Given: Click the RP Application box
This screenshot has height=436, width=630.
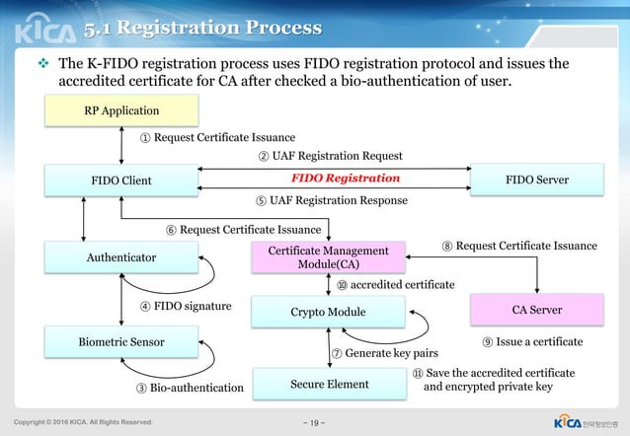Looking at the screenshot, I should (x=120, y=110).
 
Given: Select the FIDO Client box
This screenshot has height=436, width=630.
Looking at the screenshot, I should (x=120, y=180).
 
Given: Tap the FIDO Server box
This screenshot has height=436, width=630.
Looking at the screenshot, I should (x=537, y=180).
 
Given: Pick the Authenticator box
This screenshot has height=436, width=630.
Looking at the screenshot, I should (x=120, y=257).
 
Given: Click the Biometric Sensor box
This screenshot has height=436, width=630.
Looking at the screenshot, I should (x=120, y=342).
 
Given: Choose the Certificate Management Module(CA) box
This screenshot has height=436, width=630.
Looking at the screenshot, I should (x=328, y=257).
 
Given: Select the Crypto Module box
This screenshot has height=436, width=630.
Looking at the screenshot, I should (x=328, y=312).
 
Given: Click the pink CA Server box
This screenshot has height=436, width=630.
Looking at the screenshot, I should (x=537, y=310).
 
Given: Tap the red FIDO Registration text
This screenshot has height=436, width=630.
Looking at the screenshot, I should (x=345, y=179).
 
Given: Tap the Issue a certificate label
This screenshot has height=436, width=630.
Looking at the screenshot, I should (x=532, y=342).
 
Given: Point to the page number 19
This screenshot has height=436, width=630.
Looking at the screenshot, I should (x=315, y=422).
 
